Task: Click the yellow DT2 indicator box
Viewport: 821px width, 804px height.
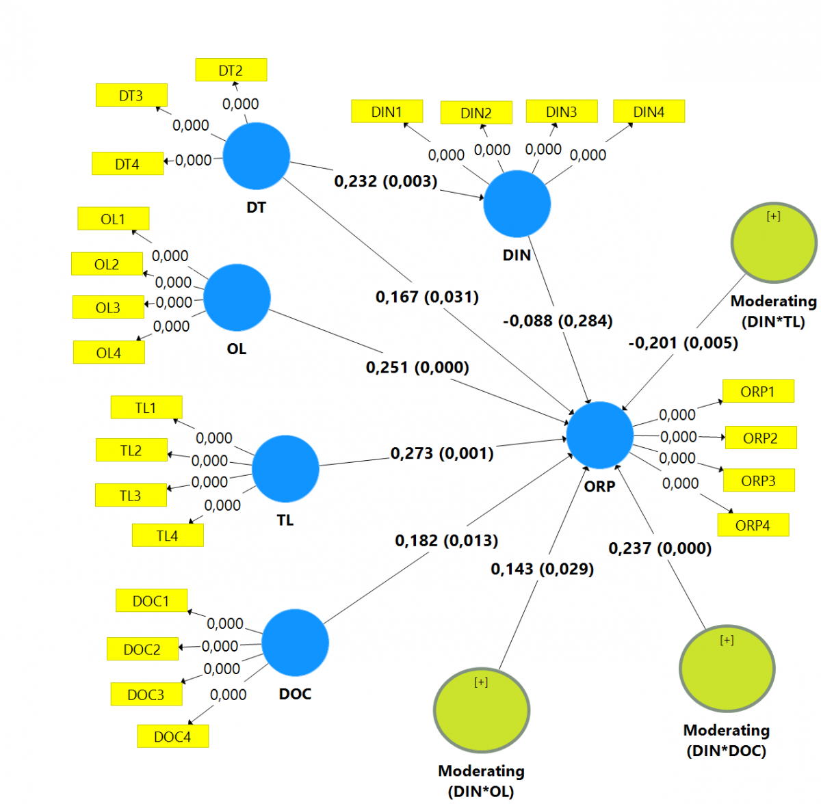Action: click(x=231, y=70)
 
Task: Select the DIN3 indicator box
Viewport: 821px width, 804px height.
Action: click(x=561, y=111)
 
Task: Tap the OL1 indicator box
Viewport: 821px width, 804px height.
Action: click(x=113, y=219)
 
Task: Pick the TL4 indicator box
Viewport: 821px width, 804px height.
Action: click(x=167, y=535)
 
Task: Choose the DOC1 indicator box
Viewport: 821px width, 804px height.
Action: click(x=151, y=601)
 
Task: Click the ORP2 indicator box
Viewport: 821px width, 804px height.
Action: click(x=759, y=438)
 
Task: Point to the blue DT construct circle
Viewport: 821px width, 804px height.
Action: click(x=257, y=156)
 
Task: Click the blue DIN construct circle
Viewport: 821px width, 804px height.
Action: click(x=517, y=204)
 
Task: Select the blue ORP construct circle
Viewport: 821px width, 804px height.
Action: click(x=599, y=435)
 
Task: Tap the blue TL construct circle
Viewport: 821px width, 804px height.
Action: click(x=285, y=468)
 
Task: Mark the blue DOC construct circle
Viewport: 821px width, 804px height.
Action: click(x=295, y=643)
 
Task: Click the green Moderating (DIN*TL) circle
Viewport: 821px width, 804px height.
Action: click(x=773, y=242)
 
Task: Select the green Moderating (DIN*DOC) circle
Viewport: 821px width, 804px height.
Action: click(x=727, y=668)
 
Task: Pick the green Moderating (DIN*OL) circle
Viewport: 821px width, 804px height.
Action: click(x=482, y=709)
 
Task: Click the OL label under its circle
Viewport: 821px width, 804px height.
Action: click(x=236, y=349)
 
